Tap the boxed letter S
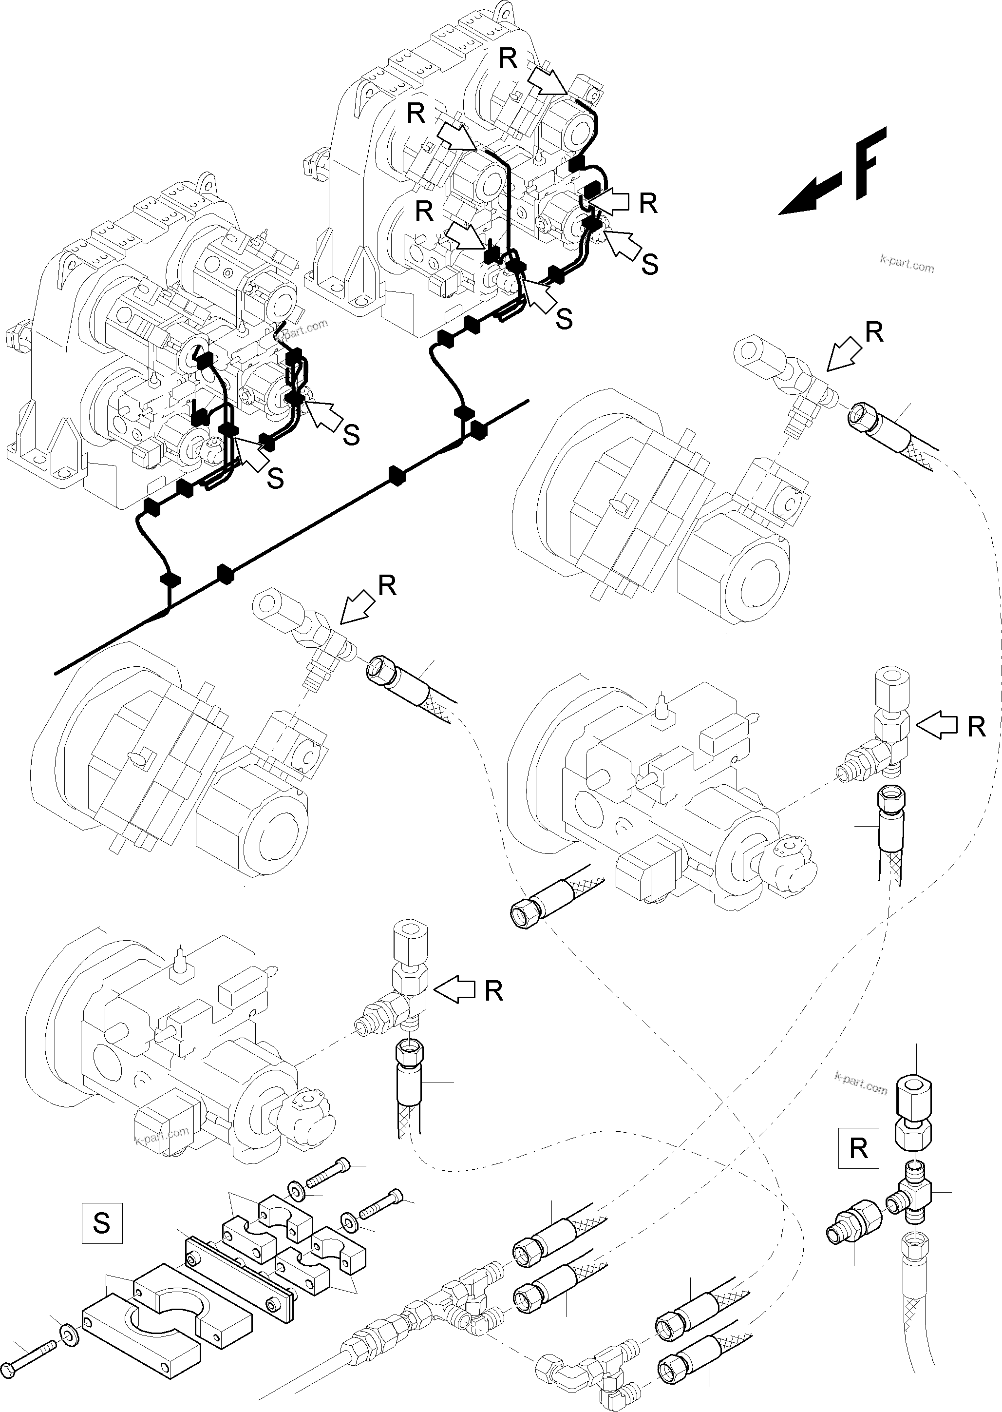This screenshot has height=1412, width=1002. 102,1222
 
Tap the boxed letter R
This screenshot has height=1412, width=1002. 858,1148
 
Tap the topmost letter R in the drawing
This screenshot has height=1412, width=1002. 508,58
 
